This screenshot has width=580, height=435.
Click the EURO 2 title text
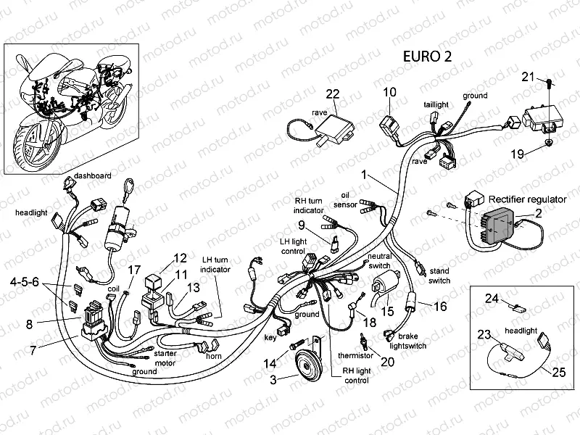pyautogui.click(x=426, y=58)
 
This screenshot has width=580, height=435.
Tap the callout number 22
pyautogui.click(x=332, y=94)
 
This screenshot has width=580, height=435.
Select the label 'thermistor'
pyautogui.click(x=355, y=355)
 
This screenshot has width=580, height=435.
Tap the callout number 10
pyautogui.click(x=390, y=92)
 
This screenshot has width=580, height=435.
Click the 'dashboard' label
pyautogui.click(x=92, y=175)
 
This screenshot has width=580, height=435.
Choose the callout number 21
pyautogui.click(x=529, y=78)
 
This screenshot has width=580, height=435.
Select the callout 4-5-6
pyautogui.click(x=25, y=281)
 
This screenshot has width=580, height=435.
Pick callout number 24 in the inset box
pyautogui.click(x=491, y=299)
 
